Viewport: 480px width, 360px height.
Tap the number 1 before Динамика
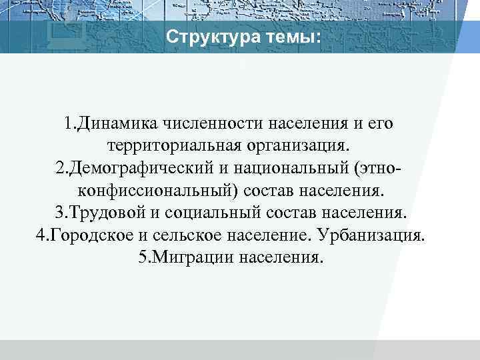click(x=69, y=123)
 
